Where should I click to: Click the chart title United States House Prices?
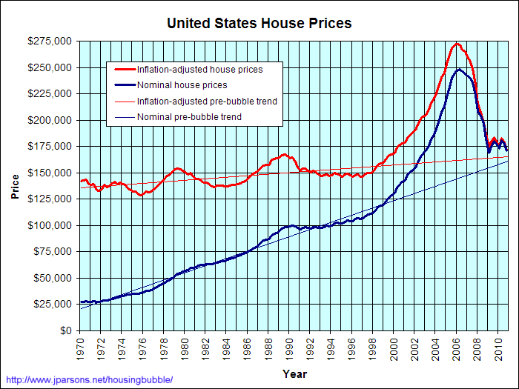point(259,23)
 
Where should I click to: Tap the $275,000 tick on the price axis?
point(50,41)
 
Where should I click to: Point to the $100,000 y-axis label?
point(50,225)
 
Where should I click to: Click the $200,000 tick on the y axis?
point(50,120)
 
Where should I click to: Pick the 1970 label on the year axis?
point(80,345)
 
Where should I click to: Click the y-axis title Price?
point(15,187)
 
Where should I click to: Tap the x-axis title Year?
point(294,374)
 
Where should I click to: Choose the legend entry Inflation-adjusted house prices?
point(199,70)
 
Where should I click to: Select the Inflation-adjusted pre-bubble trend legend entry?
point(207,101)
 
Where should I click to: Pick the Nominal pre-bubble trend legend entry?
point(189,116)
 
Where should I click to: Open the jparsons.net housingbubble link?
point(89,380)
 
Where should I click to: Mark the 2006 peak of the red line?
point(457,43)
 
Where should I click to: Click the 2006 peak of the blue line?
point(460,70)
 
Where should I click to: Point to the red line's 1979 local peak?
point(176,168)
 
